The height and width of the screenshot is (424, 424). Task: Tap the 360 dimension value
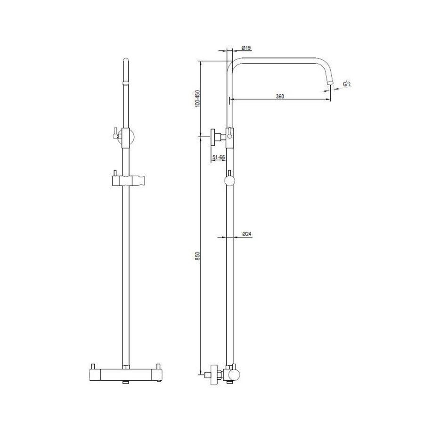coord(279,96)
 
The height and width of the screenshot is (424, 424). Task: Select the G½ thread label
coord(347,84)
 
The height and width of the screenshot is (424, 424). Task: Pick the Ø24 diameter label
coord(246,234)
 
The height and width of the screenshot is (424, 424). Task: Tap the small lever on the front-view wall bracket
coord(114,134)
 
